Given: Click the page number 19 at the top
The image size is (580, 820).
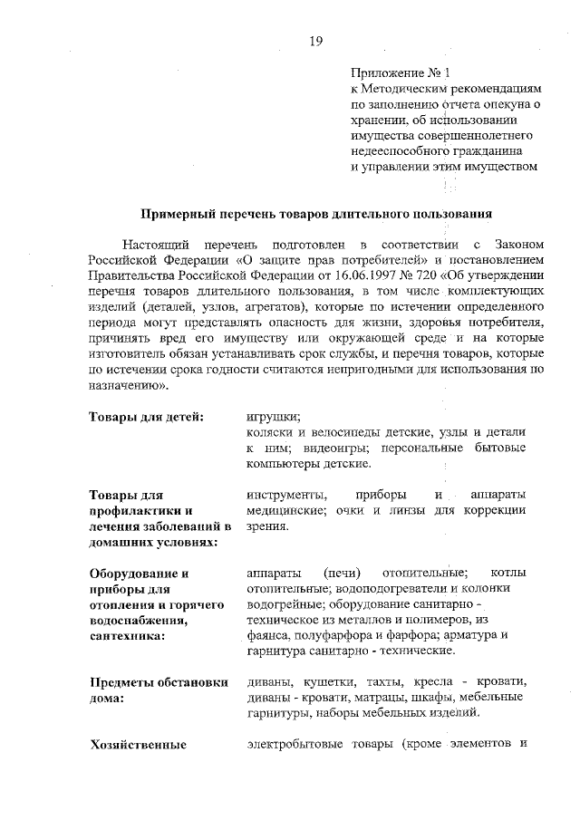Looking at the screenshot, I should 316,40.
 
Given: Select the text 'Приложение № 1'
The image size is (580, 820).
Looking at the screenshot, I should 399,72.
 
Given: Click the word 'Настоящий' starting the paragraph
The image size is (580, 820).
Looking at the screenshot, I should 155,245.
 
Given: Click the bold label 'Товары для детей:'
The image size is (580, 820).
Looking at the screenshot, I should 145,417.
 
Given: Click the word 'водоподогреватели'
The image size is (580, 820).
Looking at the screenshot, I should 357,590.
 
